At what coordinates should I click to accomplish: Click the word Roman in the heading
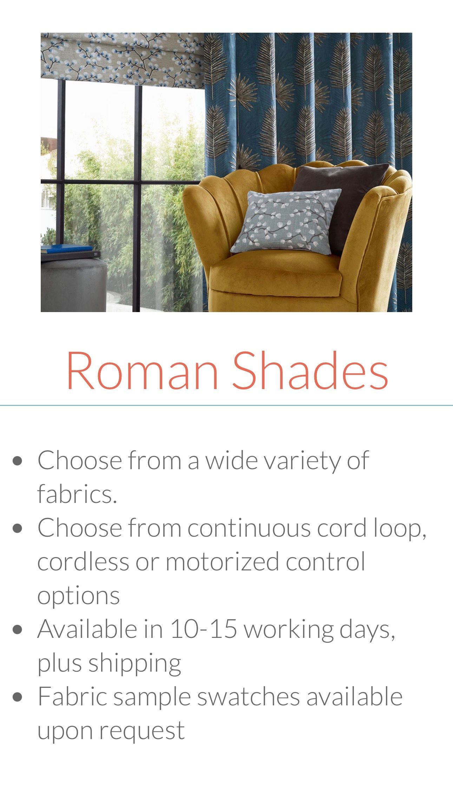(143, 370)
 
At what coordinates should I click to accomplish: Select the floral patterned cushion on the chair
(286, 222)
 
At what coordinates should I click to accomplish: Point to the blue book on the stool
(67, 248)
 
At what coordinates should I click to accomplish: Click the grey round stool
(73, 285)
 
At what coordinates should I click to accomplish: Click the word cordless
(83, 561)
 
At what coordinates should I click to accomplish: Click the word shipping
(134, 664)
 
